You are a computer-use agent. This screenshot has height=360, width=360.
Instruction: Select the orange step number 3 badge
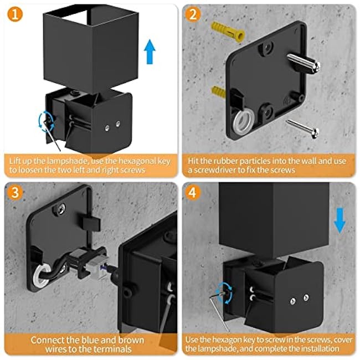pos(16,194)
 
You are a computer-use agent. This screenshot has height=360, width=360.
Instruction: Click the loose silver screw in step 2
pos(303,127)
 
